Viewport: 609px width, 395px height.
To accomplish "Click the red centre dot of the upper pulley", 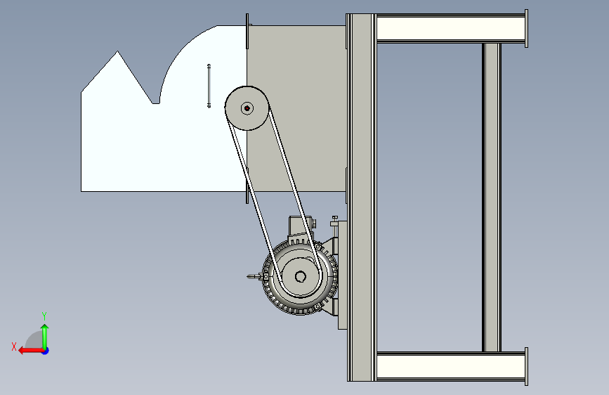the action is pyautogui.click(x=247, y=108).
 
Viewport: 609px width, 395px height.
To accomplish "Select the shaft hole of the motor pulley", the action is pyautogui.click(x=300, y=277).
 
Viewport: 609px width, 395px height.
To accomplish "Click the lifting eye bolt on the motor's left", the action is pyautogui.click(x=256, y=276).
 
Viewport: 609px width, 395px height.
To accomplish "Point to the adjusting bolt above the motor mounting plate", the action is pyautogui.click(x=334, y=221).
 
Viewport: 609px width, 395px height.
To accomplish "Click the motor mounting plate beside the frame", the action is pyautogui.click(x=342, y=276).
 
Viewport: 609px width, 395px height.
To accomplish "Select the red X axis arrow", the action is pyautogui.click(x=31, y=351).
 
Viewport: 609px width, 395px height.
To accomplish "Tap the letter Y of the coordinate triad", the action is pyautogui.click(x=44, y=316).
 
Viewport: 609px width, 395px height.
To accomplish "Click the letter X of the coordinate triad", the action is pyautogui.click(x=14, y=347).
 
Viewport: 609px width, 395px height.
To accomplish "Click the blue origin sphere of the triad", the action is pyautogui.click(x=46, y=351).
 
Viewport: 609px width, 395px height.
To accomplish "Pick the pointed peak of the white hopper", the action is pyautogui.click(x=118, y=51).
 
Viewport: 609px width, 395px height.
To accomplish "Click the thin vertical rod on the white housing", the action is pyautogui.click(x=209, y=86).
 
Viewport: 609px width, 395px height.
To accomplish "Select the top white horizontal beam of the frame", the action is pyautogui.click(x=450, y=28).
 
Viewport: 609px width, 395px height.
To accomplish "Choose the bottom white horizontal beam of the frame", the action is pyautogui.click(x=450, y=366).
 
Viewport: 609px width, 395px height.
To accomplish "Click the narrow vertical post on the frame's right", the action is pyautogui.click(x=491, y=197).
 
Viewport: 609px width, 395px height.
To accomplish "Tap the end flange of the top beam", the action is pyautogui.click(x=526, y=28).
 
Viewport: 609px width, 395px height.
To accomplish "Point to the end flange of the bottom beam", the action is pyautogui.click(x=526, y=366).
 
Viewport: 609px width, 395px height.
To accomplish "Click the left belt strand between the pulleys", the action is pyautogui.click(x=254, y=202).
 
